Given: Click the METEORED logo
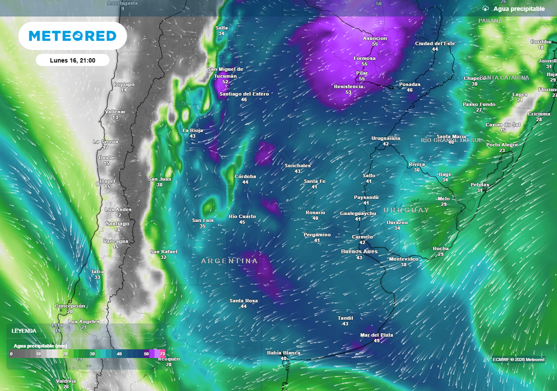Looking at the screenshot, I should tap(72, 36).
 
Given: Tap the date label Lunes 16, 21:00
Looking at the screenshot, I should tap(72, 60).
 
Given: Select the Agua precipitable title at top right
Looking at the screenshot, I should tap(519, 9).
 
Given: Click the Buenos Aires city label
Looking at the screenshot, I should tap(359, 251).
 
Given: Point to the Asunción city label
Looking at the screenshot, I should tap(375, 39).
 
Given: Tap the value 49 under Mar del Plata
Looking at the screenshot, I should tap(376, 340).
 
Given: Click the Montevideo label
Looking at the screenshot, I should tap(404, 259).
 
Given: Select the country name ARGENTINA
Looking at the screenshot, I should tap(229, 261).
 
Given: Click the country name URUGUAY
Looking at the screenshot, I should tap(406, 210).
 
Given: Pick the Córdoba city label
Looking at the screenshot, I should tap(245, 176).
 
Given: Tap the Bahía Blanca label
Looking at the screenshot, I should tap(283, 353).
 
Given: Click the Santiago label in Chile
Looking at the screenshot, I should tap(117, 224).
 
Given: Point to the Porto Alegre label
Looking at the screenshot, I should tap(502, 145).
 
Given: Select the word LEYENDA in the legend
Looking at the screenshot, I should tap(24, 331).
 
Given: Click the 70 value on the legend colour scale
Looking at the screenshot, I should tap(162, 354).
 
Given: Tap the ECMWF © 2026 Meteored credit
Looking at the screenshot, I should tap(518, 360).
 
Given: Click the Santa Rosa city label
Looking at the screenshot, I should tap(243, 301).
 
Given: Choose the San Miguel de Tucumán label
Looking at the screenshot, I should tap(225, 73).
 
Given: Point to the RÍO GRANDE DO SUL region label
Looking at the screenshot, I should tap(451, 140).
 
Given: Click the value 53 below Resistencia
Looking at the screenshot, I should tap(348, 92).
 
